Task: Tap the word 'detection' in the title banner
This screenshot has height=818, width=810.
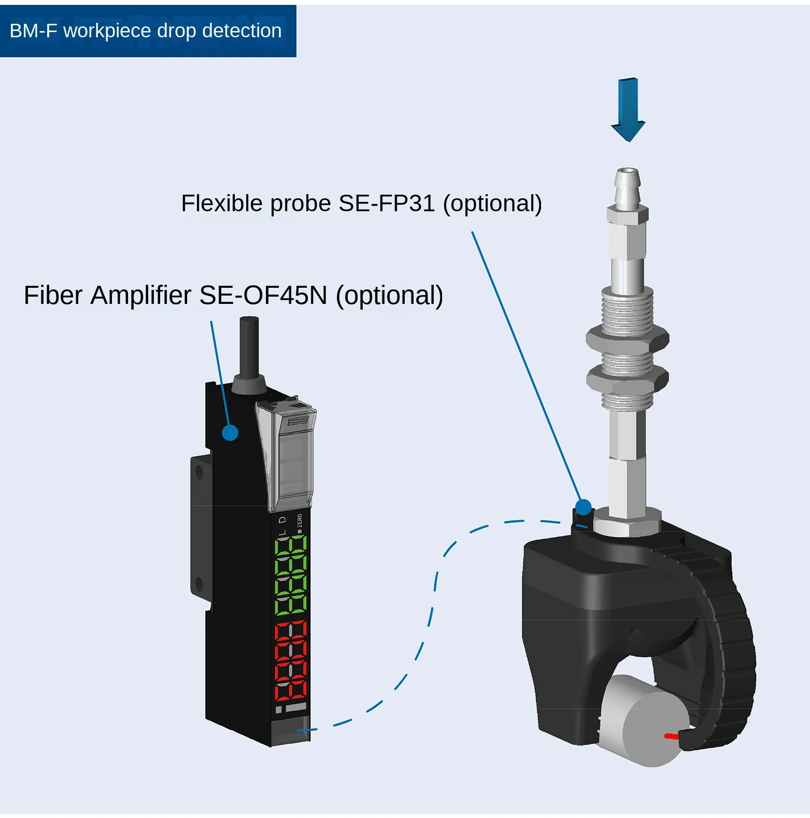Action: coord(241,31)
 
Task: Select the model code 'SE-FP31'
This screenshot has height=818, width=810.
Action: coord(387,203)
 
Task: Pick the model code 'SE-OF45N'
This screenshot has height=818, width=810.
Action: coord(263,296)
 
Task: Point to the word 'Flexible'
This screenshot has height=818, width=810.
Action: coord(222,203)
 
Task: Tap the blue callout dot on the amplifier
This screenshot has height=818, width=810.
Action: coord(230,432)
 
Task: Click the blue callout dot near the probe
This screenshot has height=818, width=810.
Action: coord(584,507)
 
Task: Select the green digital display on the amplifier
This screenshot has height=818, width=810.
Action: coord(291,575)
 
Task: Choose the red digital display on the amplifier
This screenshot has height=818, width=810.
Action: coord(291,660)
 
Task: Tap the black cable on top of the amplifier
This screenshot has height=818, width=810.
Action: coord(249,347)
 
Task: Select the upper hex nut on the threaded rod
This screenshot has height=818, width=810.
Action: coord(627,339)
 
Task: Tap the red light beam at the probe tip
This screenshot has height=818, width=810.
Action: coord(672,736)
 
